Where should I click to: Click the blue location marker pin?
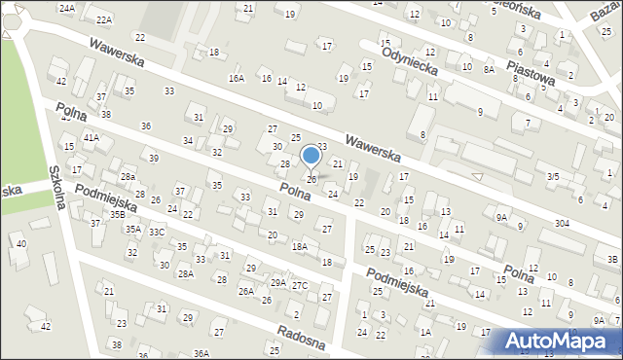click(x=311, y=156)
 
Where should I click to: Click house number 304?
click(x=563, y=224)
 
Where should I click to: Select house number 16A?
click(x=236, y=78)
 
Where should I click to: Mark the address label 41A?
click(x=91, y=138)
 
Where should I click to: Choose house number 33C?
click(x=157, y=232)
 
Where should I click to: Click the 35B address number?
click(x=117, y=214)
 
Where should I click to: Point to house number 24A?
click(x=66, y=8)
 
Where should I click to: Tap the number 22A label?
click(x=104, y=19)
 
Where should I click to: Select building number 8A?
click(x=489, y=70)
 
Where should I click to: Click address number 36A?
click(x=201, y=352)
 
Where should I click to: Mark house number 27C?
click(x=300, y=285)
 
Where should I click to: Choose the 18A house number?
click(x=300, y=247)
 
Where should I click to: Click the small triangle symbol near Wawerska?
click(x=476, y=176)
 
